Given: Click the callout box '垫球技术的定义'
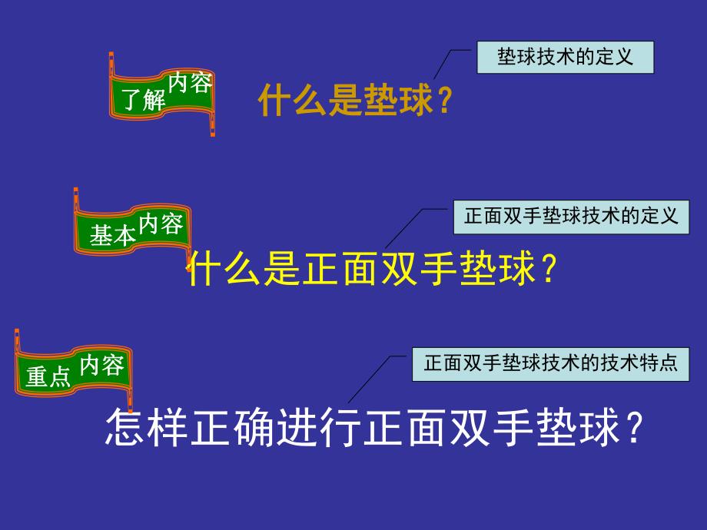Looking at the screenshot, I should coord(565,58).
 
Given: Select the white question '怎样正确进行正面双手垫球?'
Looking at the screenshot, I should coord(373,429).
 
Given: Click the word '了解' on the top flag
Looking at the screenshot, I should coord(144,100).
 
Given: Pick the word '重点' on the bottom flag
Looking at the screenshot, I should coord(48,376).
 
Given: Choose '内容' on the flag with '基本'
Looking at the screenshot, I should coord(161,224).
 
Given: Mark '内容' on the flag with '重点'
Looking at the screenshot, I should coord(101,365).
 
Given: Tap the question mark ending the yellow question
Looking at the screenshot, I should coord(547,270).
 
